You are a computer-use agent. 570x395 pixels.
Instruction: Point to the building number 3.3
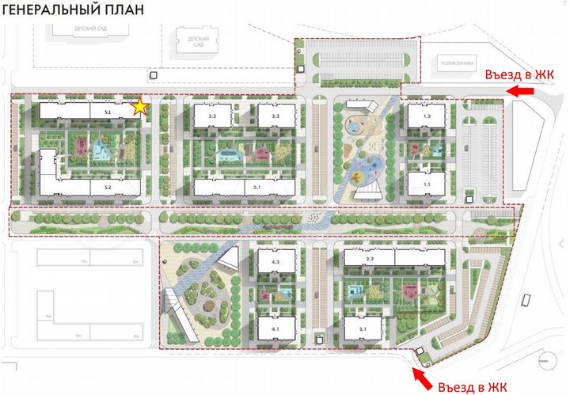(212, 116)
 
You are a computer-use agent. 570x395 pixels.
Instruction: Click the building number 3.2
(275, 116)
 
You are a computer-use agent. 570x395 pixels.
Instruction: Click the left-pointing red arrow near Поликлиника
(519, 92)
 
